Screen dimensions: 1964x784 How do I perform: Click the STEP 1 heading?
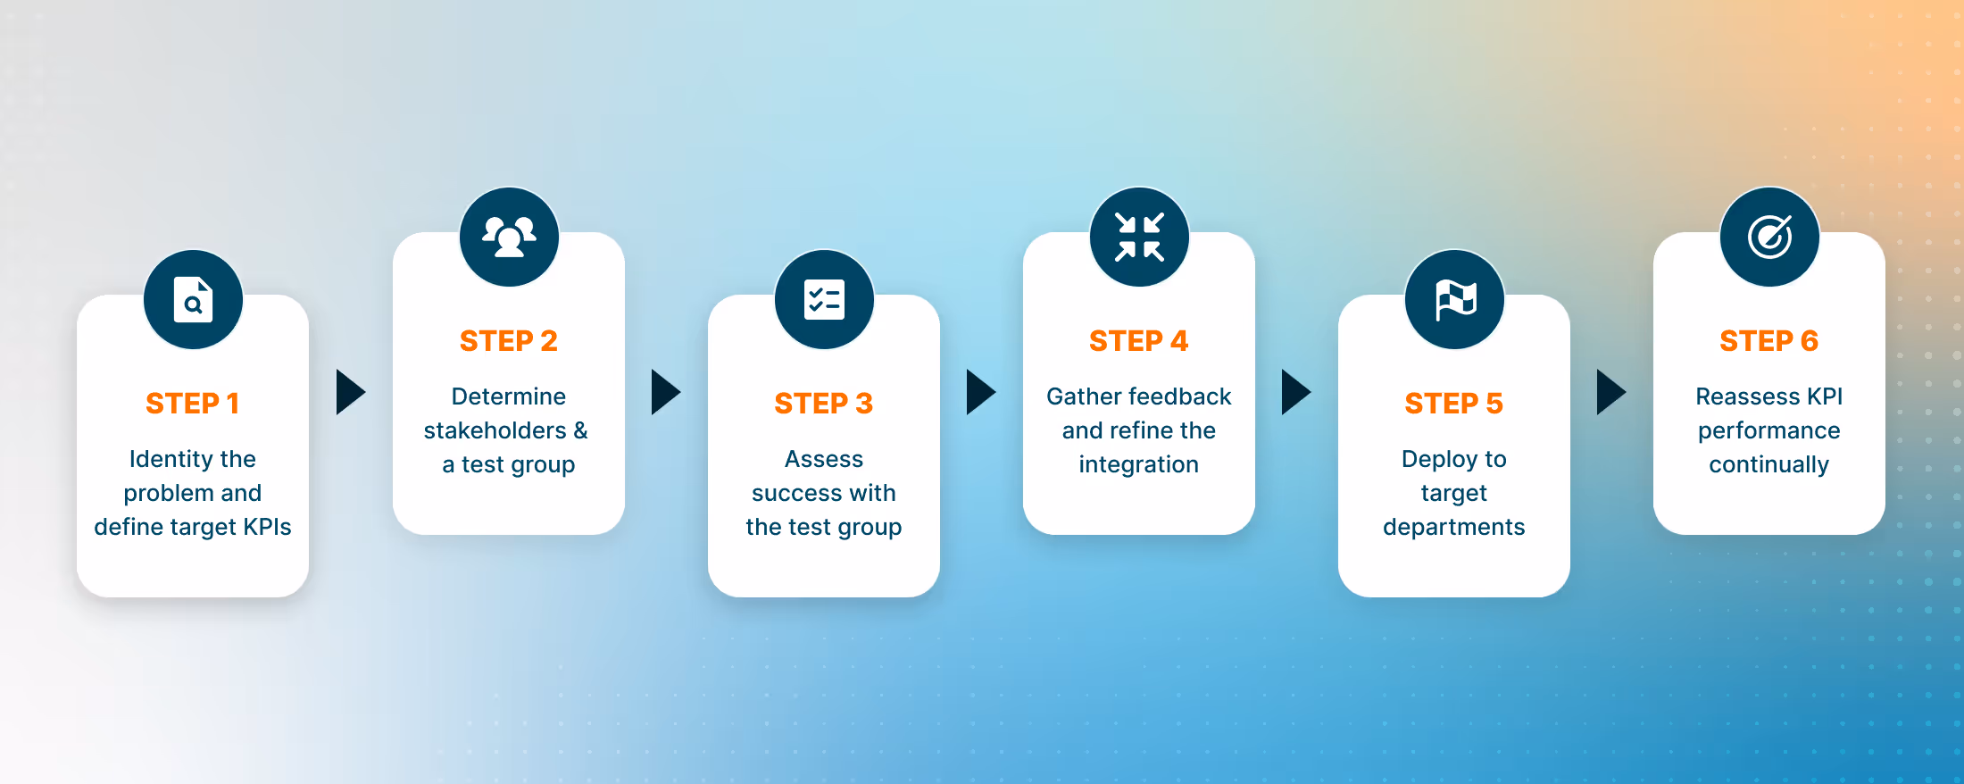click(x=192, y=404)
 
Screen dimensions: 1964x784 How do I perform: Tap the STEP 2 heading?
click(x=508, y=341)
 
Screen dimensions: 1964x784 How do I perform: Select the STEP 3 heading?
click(x=823, y=404)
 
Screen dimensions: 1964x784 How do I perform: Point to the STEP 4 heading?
click(x=1138, y=341)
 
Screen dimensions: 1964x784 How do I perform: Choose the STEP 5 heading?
click(x=1453, y=404)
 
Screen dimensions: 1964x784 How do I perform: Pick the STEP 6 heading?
click(x=1768, y=341)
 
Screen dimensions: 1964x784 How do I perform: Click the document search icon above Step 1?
click(x=193, y=300)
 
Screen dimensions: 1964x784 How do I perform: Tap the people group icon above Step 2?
click(x=509, y=237)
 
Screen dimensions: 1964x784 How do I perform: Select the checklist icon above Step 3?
click(x=824, y=300)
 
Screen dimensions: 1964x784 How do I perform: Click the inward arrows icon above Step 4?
click(x=1139, y=237)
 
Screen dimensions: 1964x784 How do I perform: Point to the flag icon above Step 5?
click(x=1454, y=300)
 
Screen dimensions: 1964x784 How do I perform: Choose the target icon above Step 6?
click(x=1769, y=237)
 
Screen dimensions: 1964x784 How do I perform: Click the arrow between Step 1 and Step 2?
click(x=350, y=392)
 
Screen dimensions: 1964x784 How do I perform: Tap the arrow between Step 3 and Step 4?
click(x=980, y=392)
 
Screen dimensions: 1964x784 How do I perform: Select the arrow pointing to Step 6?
click(x=1610, y=392)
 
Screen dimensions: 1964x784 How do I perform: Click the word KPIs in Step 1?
click(x=267, y=527)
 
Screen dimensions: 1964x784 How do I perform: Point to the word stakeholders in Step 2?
click(x=495, y=430)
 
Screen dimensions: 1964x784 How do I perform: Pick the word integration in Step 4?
click(x=1138, y=464)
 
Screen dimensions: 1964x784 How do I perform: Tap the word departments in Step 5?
click(x=1453, y=527)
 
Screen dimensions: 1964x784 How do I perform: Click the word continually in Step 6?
click(x=1768, y=464)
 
